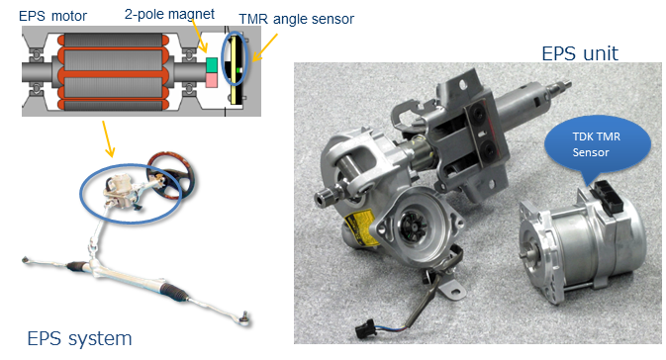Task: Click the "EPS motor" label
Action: click(x=52, y=16)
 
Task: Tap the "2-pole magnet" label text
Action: click(x=169, y=14)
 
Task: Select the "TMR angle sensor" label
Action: click(x=296, y=19)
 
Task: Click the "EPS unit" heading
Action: click(x=580, y=53)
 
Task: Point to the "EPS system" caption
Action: click(x=79, y=338)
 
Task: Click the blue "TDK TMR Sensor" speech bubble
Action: click(x=597, y=145)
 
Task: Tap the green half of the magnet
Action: click(x=212, y=65)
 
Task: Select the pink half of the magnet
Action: click(x=212, y=80)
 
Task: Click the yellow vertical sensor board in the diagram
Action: click(x=234, y=70)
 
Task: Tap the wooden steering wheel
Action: click(x=171, y=175)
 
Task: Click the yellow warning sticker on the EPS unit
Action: click(x=360, y=229)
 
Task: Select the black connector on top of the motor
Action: click(x=607, y=198)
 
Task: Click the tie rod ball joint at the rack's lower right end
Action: click(x=244, y=317)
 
